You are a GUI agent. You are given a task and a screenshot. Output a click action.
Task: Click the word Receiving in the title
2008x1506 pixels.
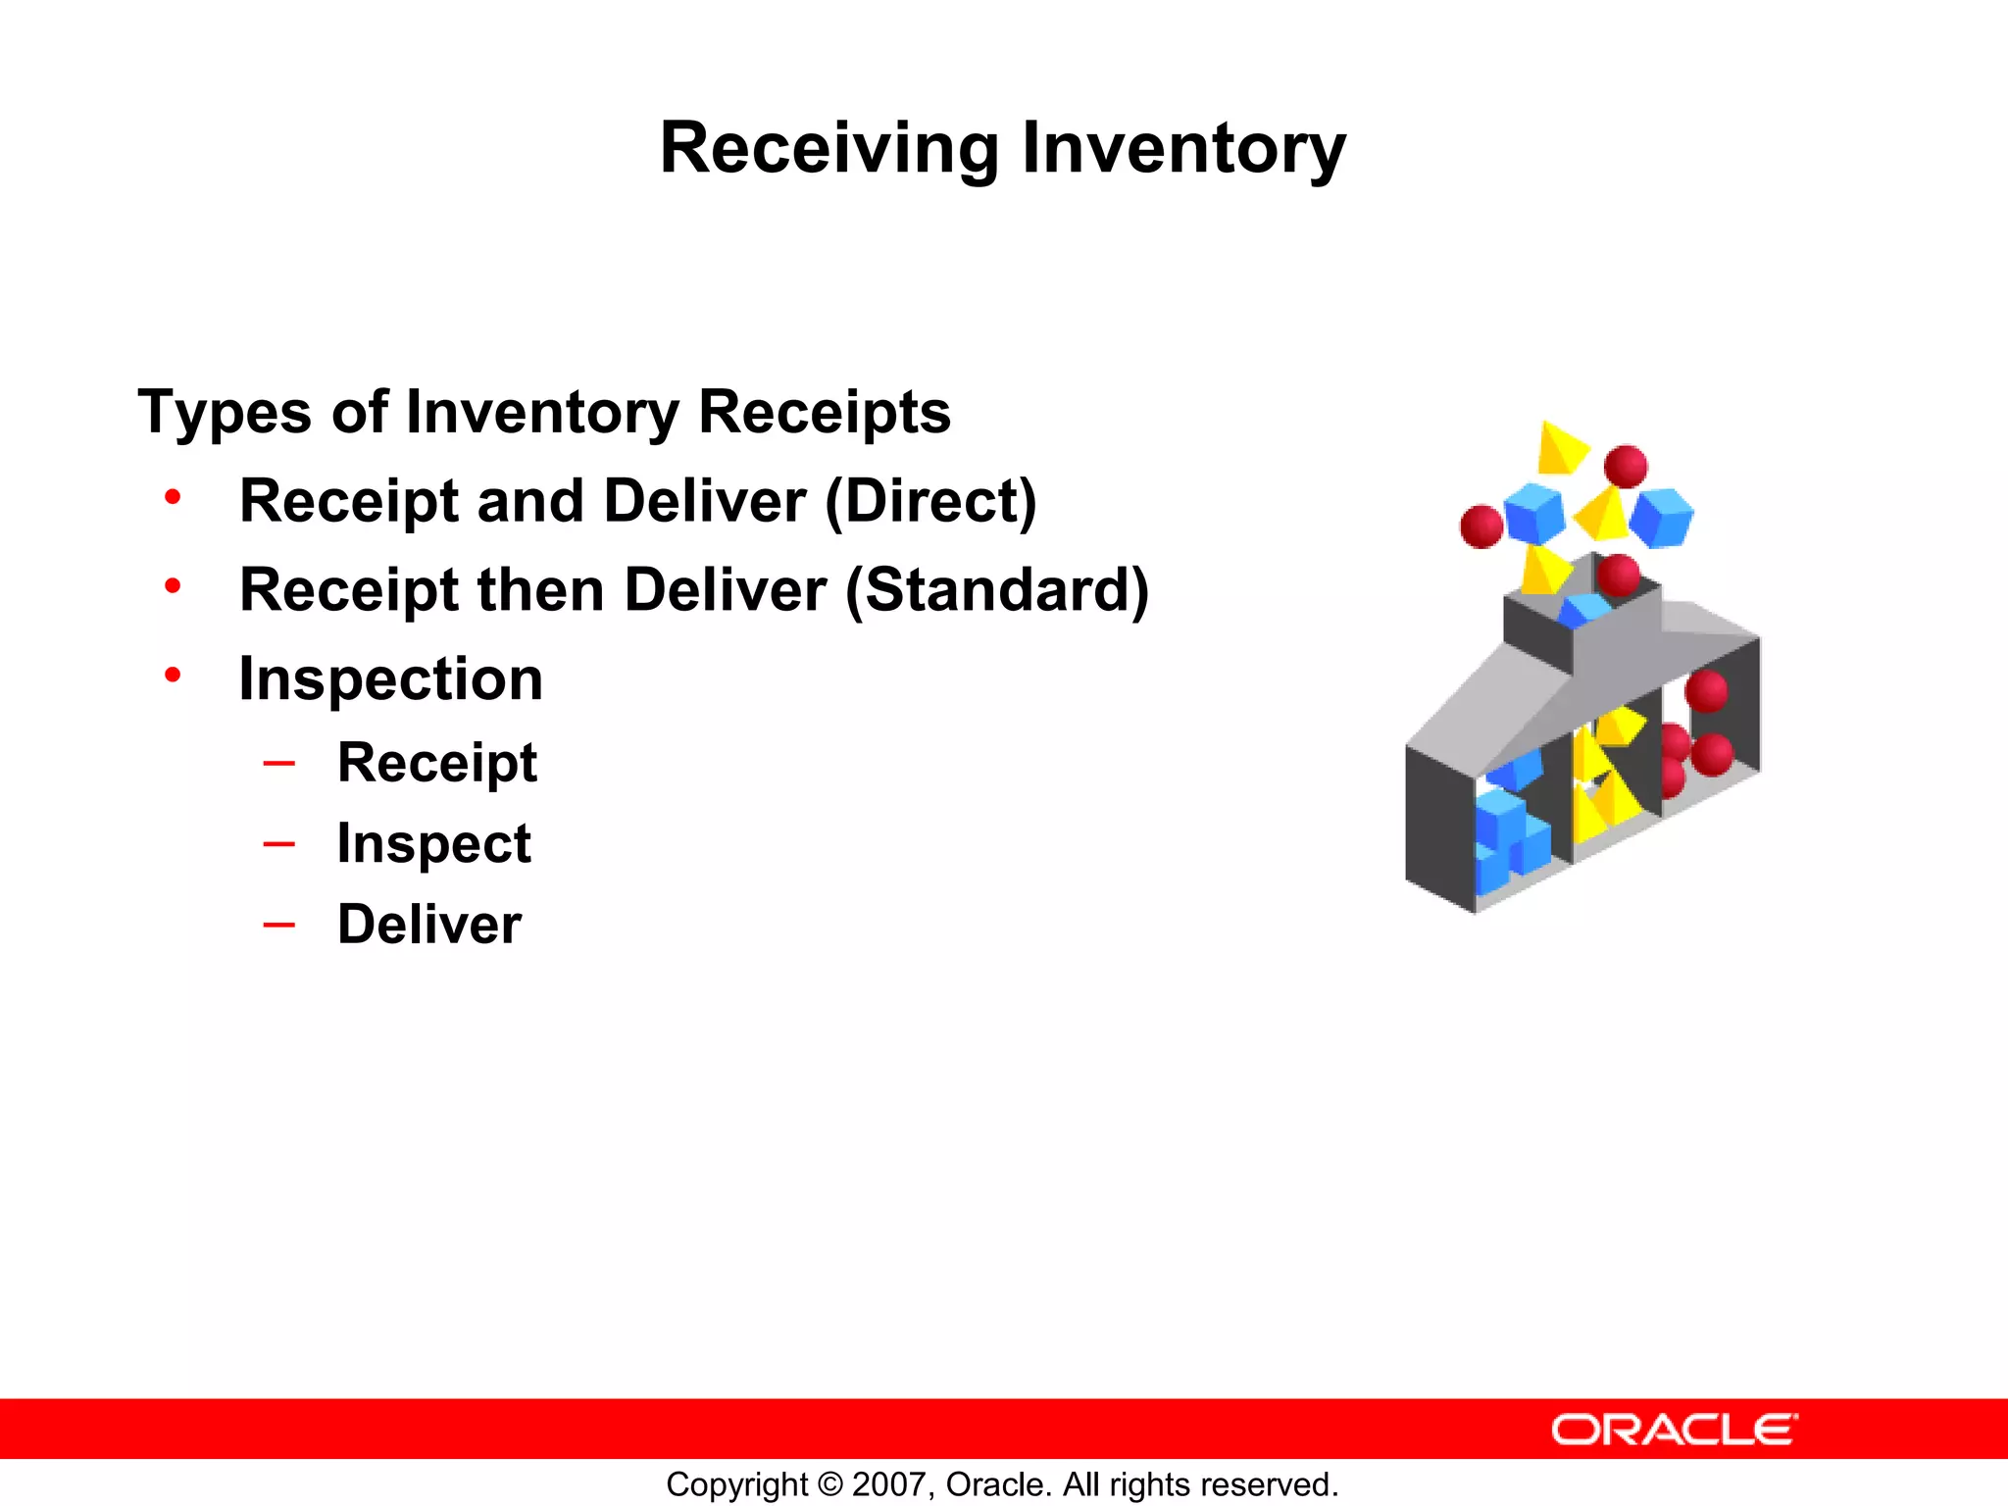click(x=828, y=149)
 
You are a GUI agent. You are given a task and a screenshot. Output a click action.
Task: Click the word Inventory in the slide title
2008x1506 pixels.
click(x=1183, y=149)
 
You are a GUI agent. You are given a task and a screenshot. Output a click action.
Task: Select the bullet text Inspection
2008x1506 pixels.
click(x=390, y=679)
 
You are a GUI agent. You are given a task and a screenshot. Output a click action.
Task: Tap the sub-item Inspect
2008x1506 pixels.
click(x=433, y=844)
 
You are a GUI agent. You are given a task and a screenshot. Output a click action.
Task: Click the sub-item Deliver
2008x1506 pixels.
click(x=429, y=925)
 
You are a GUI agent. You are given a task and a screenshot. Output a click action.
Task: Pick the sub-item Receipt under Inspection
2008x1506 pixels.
click(x=437, y=763)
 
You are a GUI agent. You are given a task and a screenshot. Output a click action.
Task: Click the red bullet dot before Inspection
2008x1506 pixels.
click(x=173, y=676)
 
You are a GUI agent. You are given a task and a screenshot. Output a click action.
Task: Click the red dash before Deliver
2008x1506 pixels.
click(x=278, y=924)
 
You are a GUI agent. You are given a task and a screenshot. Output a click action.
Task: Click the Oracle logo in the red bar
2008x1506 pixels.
click(x=1674, y=1430)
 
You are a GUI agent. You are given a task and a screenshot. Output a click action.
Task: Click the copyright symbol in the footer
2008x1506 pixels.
click(x=829, y=1484)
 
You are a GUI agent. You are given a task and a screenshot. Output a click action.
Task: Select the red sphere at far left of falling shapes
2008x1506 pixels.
click(x=1481, y=527)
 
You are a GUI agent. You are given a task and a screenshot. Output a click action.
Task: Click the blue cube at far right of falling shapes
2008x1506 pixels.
click(x=1661, y=517)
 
